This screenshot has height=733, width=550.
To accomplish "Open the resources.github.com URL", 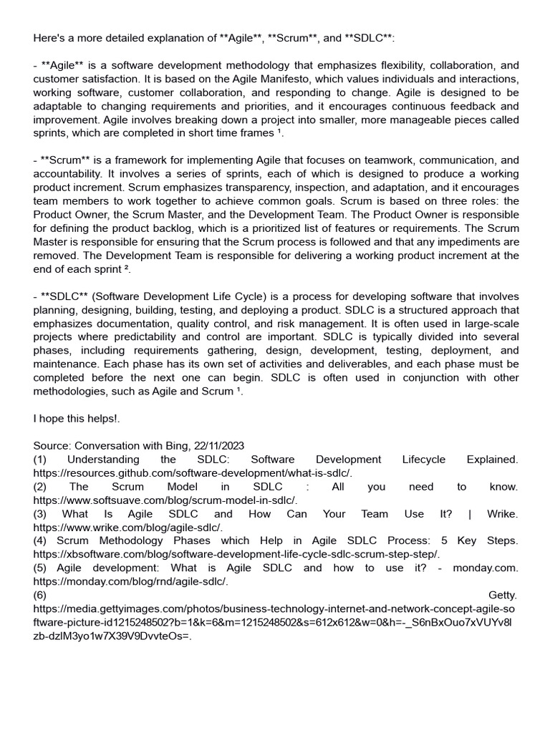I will point(193,473).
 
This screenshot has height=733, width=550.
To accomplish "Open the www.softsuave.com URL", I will point(165,500).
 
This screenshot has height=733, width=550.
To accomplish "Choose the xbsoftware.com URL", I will point(237,555).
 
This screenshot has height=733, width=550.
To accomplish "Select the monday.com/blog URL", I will point(130,582).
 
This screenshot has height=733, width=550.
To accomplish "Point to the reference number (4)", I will point(41,541).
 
